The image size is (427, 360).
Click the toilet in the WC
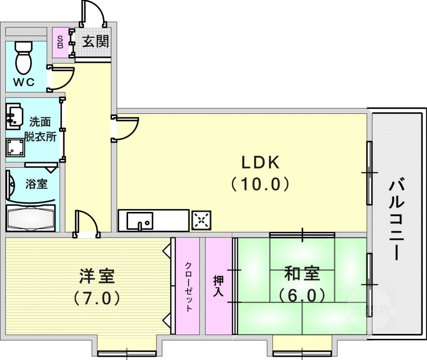pyautogui.click(x=23, y=58)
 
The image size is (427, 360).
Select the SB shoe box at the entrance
pyautogui.click(x=60, y=43)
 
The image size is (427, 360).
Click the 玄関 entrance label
pyautogui.click(x=95, y=41)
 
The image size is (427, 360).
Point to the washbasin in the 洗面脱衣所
pyautogui.click(x=14, y=116)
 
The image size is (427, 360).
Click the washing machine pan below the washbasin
pyautogui.click(x=15, y=147)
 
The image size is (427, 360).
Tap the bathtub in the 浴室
pyautogui.click(x=30, y=218)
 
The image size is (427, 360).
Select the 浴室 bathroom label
pyautogui.click(x=36, y=184)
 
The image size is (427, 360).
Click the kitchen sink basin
pyautogui.click(x=139, y=221)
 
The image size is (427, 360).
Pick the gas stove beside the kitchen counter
pyautogui.click(x=201, y=220)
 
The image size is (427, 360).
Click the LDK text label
pyautogui.click(x=261, y=163)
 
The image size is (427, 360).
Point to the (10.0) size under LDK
pyautogui.click(x=260, y=184)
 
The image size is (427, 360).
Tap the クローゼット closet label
pyautogui.click(x=188, y=287)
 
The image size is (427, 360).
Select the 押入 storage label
pyautogui.click(x=219, y=286)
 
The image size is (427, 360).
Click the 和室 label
pyautogui.click(x=302, y=274)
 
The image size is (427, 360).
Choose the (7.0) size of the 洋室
pyautogui.click(x=97, y=298)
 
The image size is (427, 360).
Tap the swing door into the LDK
pyautogui.click(x=125, y=128)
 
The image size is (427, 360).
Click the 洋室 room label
pyautogui.click(x=97, y=276)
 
